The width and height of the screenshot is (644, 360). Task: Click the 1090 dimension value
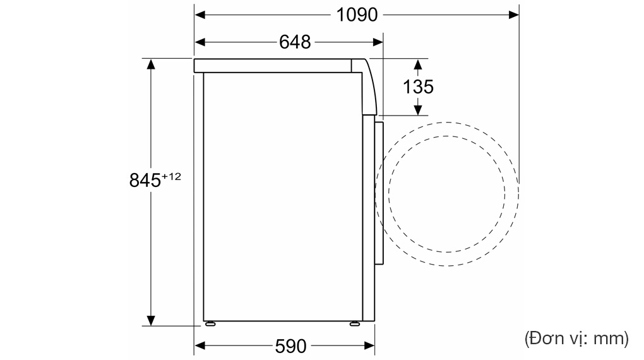click(x=356, y=14)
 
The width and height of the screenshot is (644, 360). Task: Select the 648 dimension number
click(x=295, y=42)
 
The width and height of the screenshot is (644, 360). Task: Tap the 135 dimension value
click(x=419, y=87)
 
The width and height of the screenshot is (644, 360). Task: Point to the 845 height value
click(x=145, y=181)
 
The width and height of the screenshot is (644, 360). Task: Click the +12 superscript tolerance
click(x=171, y=177)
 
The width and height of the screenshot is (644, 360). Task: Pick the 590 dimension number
click(x=290, y=346)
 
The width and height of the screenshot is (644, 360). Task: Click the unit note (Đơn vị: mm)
click(x=576, y=339)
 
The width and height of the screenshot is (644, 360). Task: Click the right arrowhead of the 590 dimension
click(x=370, y=346)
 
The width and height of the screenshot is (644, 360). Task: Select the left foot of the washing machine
click(x=209, y=324)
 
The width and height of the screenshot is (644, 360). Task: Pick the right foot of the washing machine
click(x=355, y=324)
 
